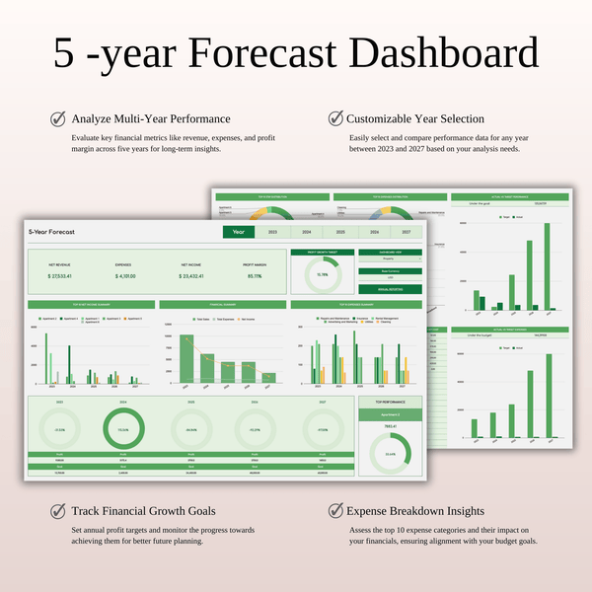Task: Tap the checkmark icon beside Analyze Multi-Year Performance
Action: tap(58, 118)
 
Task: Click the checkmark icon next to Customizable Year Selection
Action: tap(335, 118)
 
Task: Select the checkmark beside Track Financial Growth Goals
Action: tap(58, 512)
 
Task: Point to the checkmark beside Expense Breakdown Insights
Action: tap(335, 512)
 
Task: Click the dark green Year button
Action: tap(238, 232)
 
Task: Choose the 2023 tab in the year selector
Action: tap(271, 232)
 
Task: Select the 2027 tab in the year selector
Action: tap(405, 232)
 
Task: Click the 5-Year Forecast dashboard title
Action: tap(52, 232)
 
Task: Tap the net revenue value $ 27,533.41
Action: tap(63, 276)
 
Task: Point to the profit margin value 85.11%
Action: tap(255, 276)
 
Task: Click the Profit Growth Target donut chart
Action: tap(322, 274)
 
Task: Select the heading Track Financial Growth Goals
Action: tap(143, 512)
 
